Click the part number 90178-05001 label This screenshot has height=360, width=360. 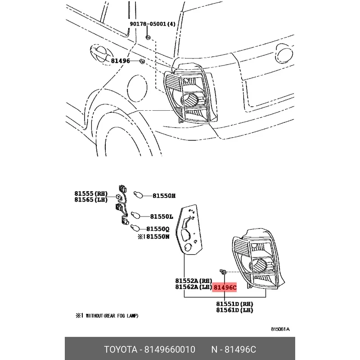pyautogui.click(x=152, y=24)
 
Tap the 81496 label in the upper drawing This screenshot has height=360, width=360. pyautogui.click(x=121, y=60)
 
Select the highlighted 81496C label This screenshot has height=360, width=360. pyautogui.click(x=225, y=287)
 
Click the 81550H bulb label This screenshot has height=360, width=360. pyautogui.click(x=164, y=196)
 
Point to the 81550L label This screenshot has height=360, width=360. pyautogui.click(x=162, y=216)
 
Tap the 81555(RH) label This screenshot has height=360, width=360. pyautogui.click(x=91, y=193)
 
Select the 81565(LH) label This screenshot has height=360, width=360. pyautogui.click(x=91, y=200)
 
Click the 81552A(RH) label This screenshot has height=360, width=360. pyautogui.click(x=193, y=281)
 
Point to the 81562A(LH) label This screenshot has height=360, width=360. pyautogui.click(x=193, y=287)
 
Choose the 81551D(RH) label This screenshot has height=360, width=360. pyautogui.click(x=234, y=304)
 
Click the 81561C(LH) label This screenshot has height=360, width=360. pyautogui.click(x=234, y=310)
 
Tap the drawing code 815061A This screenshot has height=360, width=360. pyautogui.click(x=280, y=329)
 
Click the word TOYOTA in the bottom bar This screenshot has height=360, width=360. pyautogui.click(x=121, y=350)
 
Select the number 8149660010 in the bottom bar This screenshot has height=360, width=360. pyautogui.click(x=170, y=350)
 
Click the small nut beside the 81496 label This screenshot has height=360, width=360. pyautogui.click(x=141, y=61)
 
